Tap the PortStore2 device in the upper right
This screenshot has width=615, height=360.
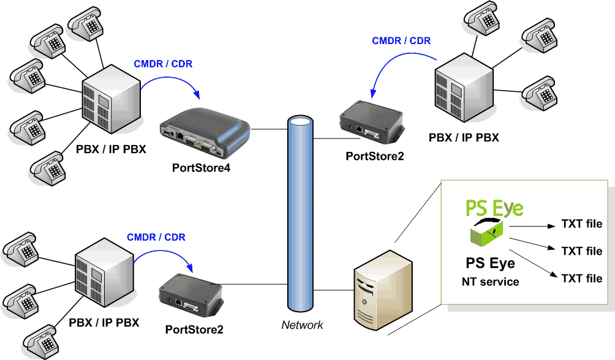[372, 122]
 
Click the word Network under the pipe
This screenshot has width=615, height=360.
[302, 325]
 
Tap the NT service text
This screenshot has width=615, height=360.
[490, 282]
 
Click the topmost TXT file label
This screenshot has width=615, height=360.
[582, 224]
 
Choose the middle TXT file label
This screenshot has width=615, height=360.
[582, 251]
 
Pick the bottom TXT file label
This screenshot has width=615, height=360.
[582, 278]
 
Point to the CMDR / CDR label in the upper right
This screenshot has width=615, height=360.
[401, 41]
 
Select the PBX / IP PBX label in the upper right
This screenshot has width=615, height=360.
[464, 138]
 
